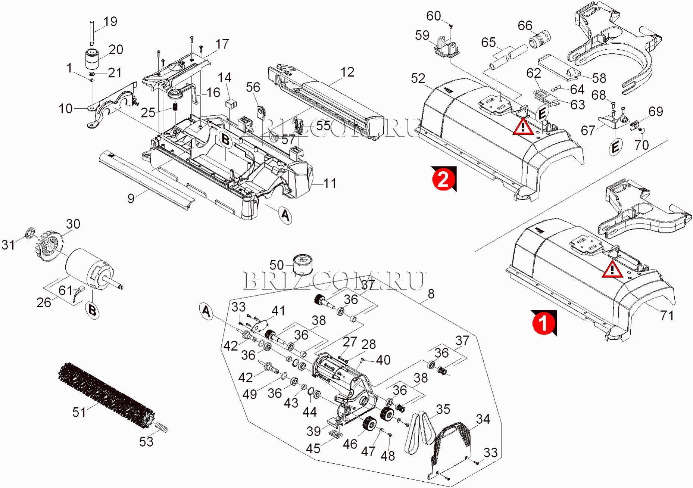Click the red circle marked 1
click(543, 323)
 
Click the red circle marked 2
click(443, 180)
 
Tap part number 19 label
click(110, 22)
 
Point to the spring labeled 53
click(161, 427)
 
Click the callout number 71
click(667, 316)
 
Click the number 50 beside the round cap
click(277, 265)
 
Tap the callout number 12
click(347, 72)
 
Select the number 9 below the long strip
click(131, 198)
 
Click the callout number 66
click(525, 25)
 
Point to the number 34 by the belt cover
click(483, 419)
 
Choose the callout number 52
click(418, 78)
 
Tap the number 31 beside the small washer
click(8, 245)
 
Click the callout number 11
click(330, 183)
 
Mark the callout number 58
click(599, 78)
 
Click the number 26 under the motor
click(44, 302)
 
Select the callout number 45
click(313, 448)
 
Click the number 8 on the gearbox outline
click(431, 294)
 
